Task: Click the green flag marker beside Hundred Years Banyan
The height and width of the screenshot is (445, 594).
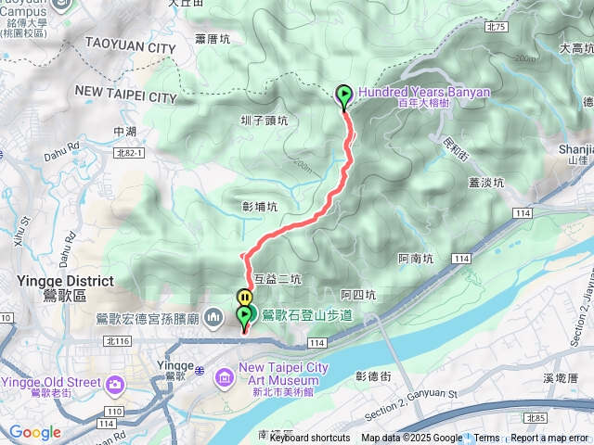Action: (344, 95)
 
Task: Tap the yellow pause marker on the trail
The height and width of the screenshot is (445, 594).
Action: (244, 298)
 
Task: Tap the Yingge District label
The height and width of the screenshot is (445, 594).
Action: (65, 281)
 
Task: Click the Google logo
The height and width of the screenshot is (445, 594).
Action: (34, 433)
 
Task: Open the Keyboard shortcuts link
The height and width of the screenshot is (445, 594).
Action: (309, 439)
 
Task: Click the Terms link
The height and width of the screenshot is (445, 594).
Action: (486, 439)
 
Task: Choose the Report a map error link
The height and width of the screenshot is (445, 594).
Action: (550, 439)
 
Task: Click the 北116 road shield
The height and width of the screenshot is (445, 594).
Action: (117, 341)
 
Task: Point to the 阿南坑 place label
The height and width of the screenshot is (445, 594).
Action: (415, 259)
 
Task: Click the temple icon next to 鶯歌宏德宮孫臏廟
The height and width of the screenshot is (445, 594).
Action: (214, 318)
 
